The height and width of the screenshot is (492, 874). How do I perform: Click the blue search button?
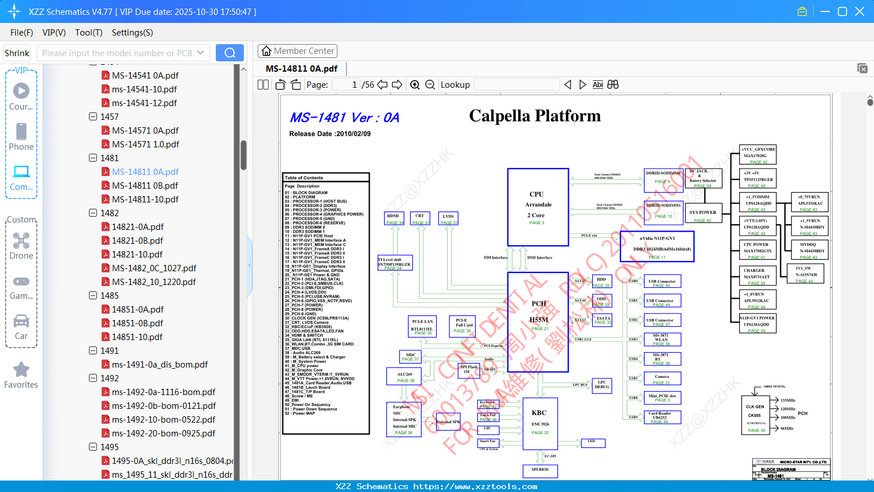(230, 53)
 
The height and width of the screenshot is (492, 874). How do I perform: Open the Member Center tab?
(297, 51)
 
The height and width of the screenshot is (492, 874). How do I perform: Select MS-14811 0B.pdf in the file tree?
(145, 185)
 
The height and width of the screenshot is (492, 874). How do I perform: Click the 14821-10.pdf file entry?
(137, 254)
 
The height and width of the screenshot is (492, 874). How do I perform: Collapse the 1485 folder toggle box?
(93, 295)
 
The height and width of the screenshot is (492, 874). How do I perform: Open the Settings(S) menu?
(132, 33)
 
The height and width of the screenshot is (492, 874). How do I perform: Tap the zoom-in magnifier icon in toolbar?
(415, 85)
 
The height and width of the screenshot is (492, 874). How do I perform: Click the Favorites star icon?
(21, 370)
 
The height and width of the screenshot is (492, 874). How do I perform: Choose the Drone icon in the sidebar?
(21, 241)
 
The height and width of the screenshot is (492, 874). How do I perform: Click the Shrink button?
(17, 53)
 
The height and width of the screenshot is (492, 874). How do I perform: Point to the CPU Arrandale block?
(538, 207)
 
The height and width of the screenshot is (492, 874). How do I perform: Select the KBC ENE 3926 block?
(539, 423)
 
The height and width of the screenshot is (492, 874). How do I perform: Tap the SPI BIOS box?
(540, 471)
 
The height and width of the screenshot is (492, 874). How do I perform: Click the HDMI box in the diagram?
(394, 218)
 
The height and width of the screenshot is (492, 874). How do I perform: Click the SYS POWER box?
(702, 215)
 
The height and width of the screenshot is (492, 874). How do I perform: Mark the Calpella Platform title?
(535, 116)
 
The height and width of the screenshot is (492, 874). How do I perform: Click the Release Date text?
(330, 134)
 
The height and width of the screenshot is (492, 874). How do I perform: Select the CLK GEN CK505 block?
(755, 415)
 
